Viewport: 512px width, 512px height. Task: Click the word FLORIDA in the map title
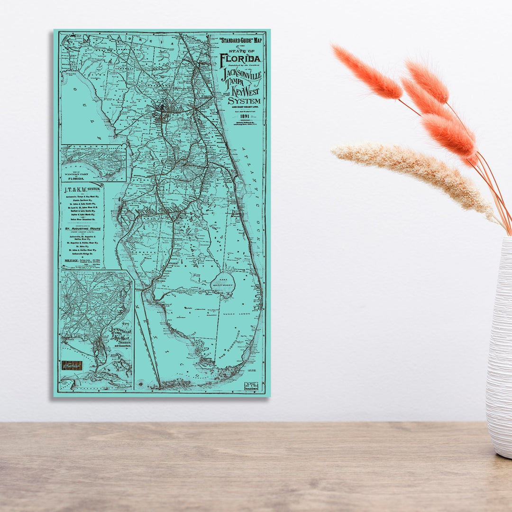pos(240,59)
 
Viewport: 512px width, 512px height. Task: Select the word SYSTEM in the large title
pos(244,101)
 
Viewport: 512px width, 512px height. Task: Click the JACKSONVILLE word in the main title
pos(242,75)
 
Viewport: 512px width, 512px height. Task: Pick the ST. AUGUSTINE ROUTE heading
pos(83,228)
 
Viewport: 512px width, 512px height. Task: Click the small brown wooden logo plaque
pos(72,366)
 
